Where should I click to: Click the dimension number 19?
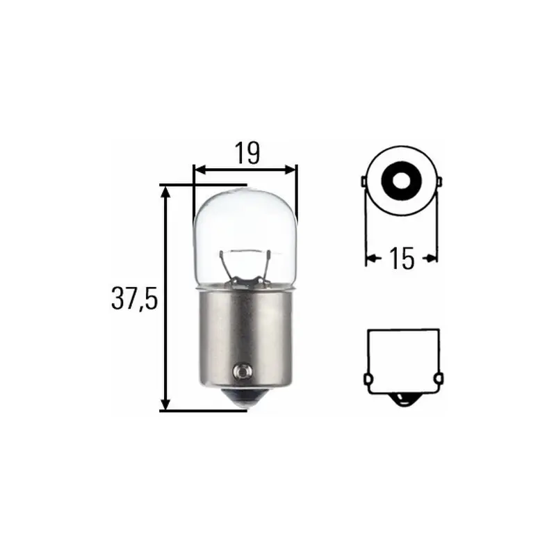[245, 154]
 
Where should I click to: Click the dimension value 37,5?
[135, 300]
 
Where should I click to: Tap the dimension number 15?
[401, 259]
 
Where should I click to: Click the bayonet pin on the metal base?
[243, 372]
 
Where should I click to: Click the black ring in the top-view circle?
[401, 181]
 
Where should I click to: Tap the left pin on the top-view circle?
[363, 182]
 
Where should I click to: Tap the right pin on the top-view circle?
[439, 182]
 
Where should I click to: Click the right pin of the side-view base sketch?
[438, 379]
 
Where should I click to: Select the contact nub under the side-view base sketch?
[402, 400]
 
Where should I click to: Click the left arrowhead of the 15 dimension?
[370, 259]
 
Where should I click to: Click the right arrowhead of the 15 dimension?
[433, 259]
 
